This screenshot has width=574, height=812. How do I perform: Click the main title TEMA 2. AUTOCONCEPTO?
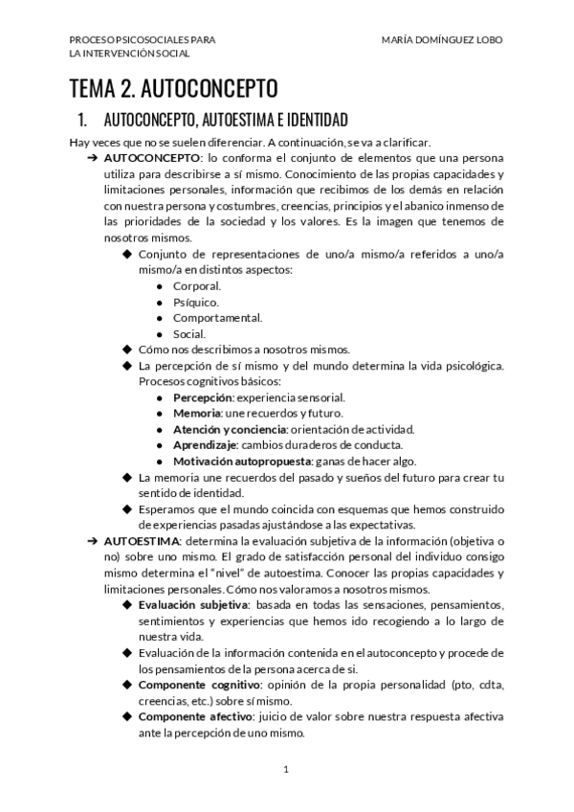(173, 90)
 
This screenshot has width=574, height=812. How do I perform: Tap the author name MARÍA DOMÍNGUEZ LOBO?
(441, 39)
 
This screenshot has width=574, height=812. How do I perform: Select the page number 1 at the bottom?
(286, 769)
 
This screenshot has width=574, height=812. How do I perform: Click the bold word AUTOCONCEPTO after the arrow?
(152, 156)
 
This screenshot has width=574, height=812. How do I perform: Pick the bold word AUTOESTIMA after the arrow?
(144, 541)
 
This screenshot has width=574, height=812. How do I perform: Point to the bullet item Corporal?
(197, 286)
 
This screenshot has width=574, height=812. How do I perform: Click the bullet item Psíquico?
(196, 302)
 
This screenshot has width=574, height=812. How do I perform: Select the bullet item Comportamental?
(217, 318)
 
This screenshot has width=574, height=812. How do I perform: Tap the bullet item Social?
(189, 334)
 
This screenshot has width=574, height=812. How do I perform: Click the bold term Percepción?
(203, 397)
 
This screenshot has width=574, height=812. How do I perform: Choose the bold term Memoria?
(196, 413)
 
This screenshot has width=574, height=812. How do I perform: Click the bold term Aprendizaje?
(205, 444)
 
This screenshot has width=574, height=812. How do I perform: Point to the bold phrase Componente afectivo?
(195, 716)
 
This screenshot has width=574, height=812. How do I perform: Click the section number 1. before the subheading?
(82, 120)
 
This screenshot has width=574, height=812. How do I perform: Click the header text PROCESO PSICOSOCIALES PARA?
(142, 39)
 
